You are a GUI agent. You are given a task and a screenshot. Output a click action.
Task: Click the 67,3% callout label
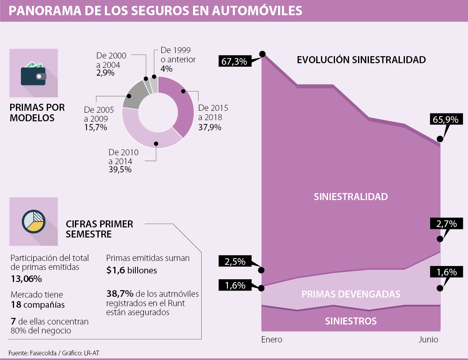click(234, 61)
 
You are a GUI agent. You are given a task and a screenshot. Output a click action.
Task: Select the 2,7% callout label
click(444, 224)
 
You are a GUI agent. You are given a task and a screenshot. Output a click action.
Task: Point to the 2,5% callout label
click(234, 261)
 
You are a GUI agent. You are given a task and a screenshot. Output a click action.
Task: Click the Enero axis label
click(271, 340)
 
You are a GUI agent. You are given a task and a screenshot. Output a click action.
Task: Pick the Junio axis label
click(429, 340)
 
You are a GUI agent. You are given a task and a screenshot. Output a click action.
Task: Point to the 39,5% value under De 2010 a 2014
click(120, 170)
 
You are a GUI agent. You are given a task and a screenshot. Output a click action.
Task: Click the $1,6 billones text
click(131, 270)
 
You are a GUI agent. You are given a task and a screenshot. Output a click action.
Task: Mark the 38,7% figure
click(117, 293)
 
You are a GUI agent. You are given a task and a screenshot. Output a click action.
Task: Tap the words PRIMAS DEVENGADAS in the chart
click(351, 294)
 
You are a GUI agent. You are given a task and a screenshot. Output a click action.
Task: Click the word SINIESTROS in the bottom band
click(351, 321)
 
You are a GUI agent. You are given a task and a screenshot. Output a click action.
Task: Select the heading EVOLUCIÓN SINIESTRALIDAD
click(361, 60)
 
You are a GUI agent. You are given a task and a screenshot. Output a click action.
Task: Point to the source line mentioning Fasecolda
click(56, 353)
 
